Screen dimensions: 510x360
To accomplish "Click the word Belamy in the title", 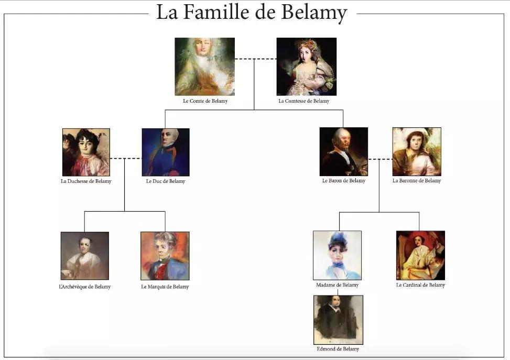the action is [x=314, y=13].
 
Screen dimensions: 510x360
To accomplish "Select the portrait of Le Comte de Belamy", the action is [x=204, y=67].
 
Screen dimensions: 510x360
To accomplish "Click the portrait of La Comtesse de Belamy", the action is [x=307, y=67].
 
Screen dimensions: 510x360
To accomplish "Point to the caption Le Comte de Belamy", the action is [x=205, y=101].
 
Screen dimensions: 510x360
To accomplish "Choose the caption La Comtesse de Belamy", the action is [x=304, y=101].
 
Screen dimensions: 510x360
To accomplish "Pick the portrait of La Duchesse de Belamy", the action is [x=86, y=152].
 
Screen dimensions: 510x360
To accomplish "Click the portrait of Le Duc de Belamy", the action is [x=166, y=152].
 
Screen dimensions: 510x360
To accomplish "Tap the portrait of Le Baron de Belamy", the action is [x=344, y=151].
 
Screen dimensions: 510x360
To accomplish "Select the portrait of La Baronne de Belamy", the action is [x=417, y=151].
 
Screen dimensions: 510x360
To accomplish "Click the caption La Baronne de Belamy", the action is [x=417, y=180].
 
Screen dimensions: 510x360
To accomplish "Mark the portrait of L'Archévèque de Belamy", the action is [x=85, y=256].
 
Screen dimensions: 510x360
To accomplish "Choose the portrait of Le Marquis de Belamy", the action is [x=165, y=256].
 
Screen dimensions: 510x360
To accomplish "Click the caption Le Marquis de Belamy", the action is [x=165, y=287].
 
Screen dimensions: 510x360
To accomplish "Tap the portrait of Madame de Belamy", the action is [x=337, y=255].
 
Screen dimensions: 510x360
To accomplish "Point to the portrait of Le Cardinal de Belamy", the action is [x=420, y=255].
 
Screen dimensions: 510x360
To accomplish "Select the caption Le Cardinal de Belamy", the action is [x=420, y=285].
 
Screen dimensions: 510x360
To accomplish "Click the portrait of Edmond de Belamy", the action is [x=338, y=320].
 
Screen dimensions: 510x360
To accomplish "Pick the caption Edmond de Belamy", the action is [x=338, y=349].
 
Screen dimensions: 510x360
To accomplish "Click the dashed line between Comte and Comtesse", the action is [x=256, y=59].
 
